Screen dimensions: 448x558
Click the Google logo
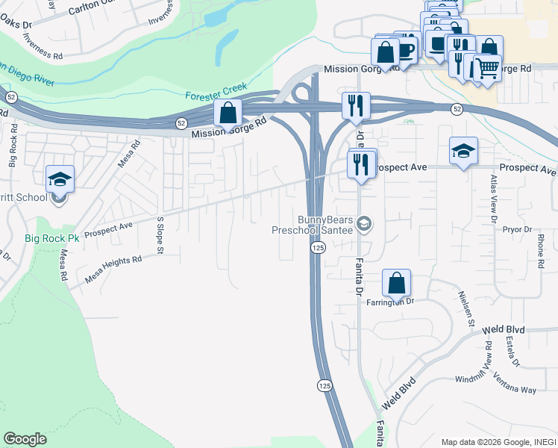[25, 439]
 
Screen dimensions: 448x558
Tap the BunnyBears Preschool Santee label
[319, 225]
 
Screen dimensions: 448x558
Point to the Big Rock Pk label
[51, 239]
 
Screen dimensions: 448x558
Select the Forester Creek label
[216, 96]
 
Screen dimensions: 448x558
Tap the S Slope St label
[159, 235]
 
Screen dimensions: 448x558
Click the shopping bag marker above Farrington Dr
[396, 284]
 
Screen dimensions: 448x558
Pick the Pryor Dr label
[516, 231]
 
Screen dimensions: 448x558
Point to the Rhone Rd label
[540, 251]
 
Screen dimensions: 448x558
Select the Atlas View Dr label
[493, 199]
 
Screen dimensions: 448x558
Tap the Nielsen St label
[471, 313]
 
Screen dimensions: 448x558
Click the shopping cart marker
[487, 69]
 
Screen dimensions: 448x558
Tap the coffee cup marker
[405, 50]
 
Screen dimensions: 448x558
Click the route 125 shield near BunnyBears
[318, 247]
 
